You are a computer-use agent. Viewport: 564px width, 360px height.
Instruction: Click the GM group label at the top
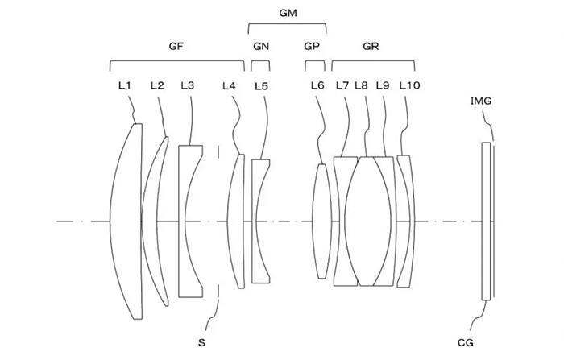pyautogui.click(x=288, y=14)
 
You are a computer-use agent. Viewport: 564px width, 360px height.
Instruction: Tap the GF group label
pyautogui.click(x=176, y=46)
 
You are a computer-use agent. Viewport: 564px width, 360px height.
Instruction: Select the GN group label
pyautogui.click(x=261, y=46)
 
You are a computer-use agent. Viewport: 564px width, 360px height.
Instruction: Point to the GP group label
pyautogui.click(x=312, y=46)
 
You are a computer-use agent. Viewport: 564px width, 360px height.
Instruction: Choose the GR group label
pyautogui.click(x=371, y=46)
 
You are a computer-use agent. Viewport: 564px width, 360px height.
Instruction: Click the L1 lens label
pyautogui.click(x=124, y=85)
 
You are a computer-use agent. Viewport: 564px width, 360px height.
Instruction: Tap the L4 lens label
pyautogui.click(x=229, y=85)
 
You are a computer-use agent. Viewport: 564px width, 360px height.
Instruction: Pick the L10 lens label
pyautogui.click(x=409, y=85)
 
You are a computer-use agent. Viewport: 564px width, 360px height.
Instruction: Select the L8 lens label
pyautogui.click(x=361, y=85)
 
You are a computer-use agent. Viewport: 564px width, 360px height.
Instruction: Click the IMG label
pyautogui.click(x=481, y=101)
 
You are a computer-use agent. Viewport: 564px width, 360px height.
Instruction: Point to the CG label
pyautogui.click(x=465, y=343)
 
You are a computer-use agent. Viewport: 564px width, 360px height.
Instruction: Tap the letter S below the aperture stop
pyautogui.click(x=201, y=343)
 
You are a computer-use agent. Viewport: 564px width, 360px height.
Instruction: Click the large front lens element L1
pyautogui.click(x=126, y=221)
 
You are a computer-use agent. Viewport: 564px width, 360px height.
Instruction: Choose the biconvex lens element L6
pyautogui.click(x=321, y=221)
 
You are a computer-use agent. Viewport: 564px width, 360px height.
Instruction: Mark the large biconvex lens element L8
pyautogui.click(x=368, y=221)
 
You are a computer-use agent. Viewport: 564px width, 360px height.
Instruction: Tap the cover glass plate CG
pyautogui.click(x=486, y=221)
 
